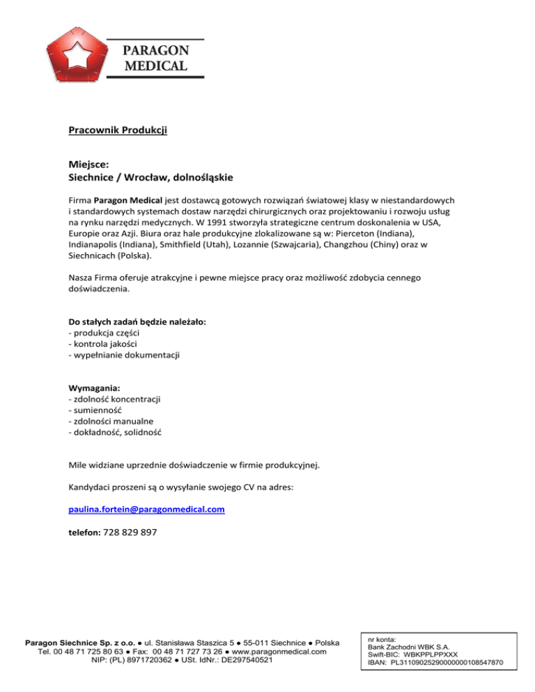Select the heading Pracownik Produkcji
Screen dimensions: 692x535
[x=118, y=129]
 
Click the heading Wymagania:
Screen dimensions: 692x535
[x=93, y=388]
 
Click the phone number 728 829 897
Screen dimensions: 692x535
[x=132, y=533]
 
